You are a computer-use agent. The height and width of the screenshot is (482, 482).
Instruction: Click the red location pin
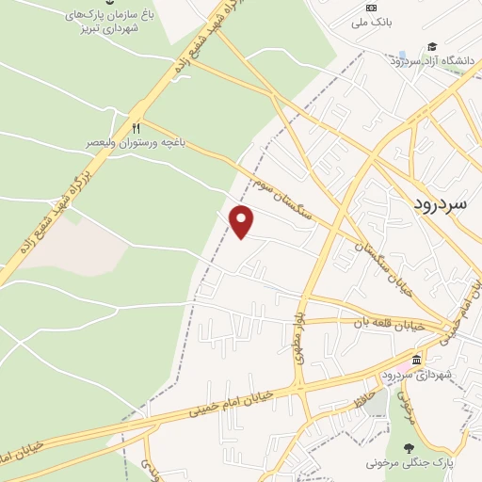point(243,221)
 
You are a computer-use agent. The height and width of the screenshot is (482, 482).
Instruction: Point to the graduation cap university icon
point(432,46)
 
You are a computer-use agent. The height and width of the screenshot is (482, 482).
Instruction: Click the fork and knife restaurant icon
point(137,128)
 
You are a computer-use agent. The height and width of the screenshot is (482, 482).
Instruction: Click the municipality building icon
point(415,361)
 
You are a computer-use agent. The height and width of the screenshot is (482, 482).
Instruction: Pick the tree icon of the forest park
point(409,447)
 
